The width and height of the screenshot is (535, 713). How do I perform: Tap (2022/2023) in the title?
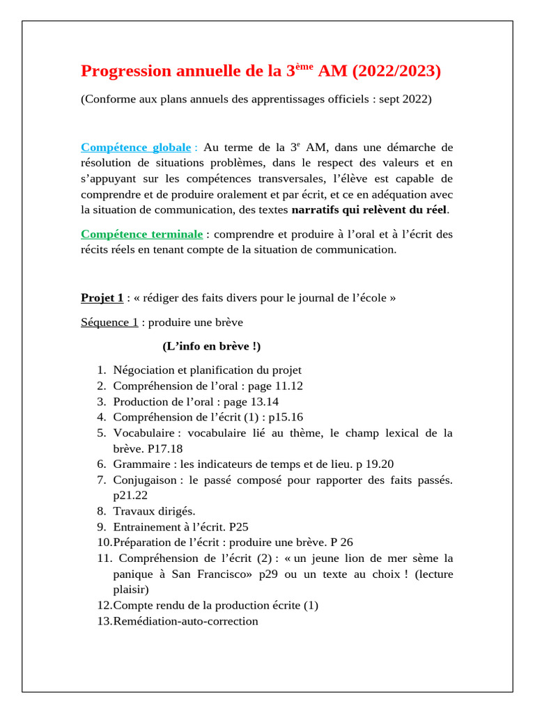point(397,71)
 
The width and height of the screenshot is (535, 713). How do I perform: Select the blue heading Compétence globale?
point(136,148)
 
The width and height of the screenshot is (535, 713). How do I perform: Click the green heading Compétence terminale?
point(142,235)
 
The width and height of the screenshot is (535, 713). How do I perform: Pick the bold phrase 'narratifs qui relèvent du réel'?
point(369,209)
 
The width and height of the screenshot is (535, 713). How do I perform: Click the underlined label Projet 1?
point(102,298)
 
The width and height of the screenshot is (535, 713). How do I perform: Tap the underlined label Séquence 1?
point(109,322)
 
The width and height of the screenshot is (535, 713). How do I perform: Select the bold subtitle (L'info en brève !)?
point(212,346)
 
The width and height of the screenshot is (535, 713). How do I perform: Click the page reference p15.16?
point(286,417)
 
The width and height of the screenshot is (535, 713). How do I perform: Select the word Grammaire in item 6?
point(140,464)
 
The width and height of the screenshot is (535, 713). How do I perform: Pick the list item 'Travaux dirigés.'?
point(154,511)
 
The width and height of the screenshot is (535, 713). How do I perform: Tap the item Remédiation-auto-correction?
point(185,621)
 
